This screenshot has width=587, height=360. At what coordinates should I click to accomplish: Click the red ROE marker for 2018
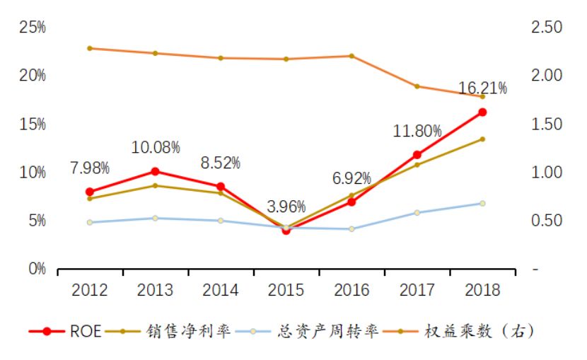point(482,112)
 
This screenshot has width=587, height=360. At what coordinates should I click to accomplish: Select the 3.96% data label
point(286,207)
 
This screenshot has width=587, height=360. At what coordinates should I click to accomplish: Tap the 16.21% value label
point(482,88)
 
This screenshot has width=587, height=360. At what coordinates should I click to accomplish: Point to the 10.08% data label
point(156,148)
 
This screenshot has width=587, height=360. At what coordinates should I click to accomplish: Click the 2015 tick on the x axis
point(286,290)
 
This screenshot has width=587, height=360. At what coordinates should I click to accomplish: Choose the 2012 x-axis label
point(90,290)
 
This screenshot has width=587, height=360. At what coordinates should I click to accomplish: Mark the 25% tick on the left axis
point(33,28)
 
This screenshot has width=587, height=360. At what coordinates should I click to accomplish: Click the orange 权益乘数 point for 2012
point(90,48)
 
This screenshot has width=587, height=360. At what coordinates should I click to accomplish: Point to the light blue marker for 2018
point(482,204)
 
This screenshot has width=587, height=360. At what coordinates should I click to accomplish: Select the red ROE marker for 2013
point(156,171)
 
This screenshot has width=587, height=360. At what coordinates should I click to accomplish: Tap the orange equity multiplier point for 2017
point(417,86)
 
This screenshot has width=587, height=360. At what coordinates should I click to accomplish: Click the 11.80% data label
point(417,131)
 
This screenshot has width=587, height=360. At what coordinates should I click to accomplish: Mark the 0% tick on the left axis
point(35,269)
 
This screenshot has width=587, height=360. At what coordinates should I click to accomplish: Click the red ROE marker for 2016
point(351,202)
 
